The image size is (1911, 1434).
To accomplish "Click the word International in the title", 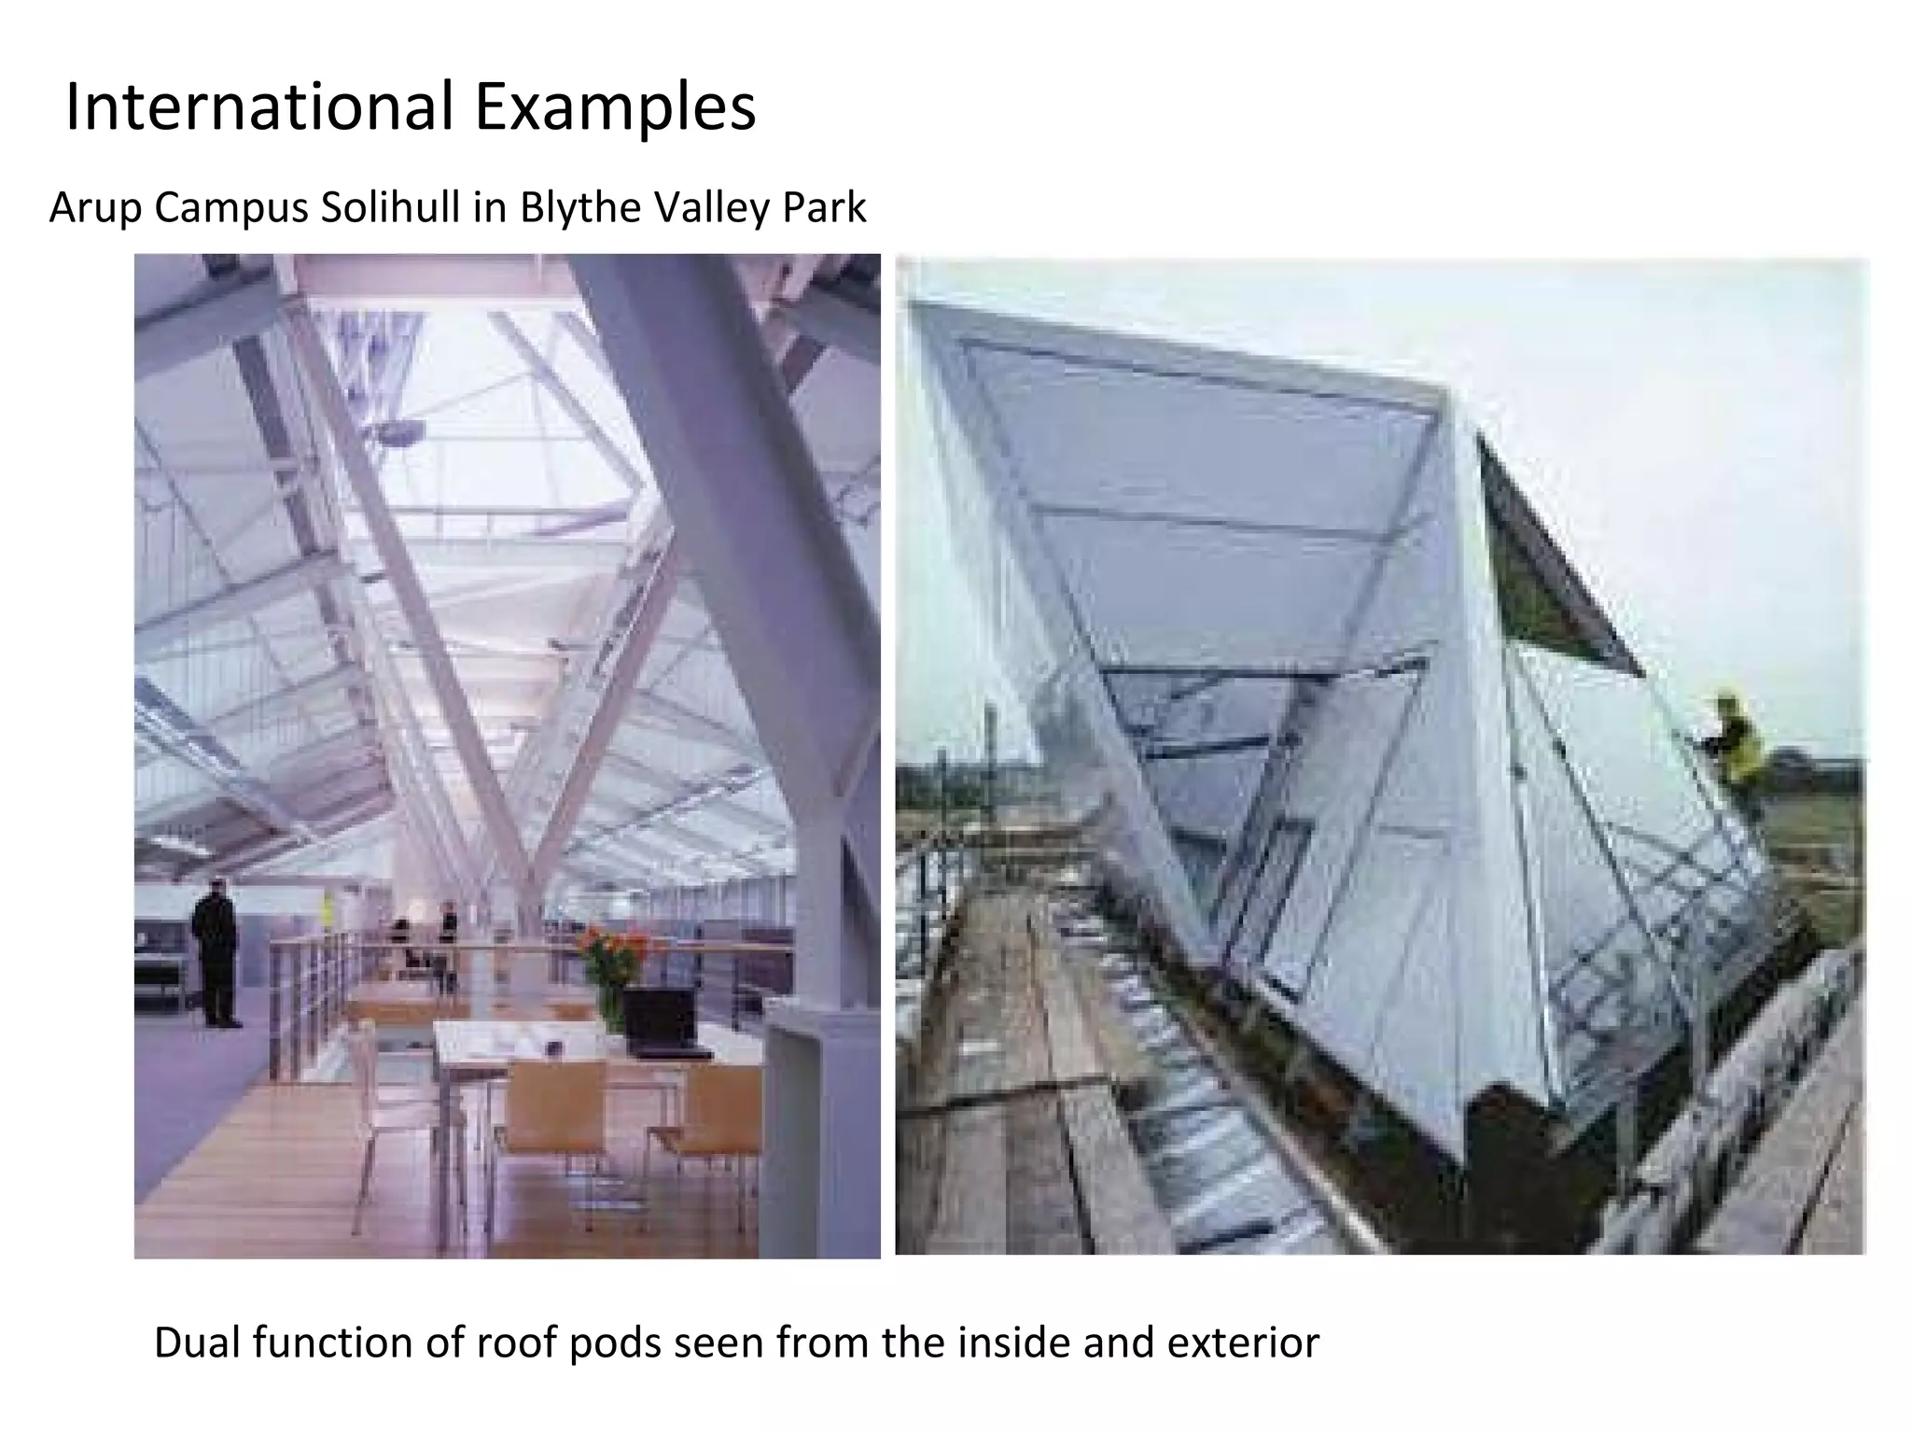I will click(x=258, y=107).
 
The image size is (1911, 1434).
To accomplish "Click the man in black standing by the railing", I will click(x=216, y=951).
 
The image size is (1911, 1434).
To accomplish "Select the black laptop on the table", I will click(x=661, y=1020).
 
